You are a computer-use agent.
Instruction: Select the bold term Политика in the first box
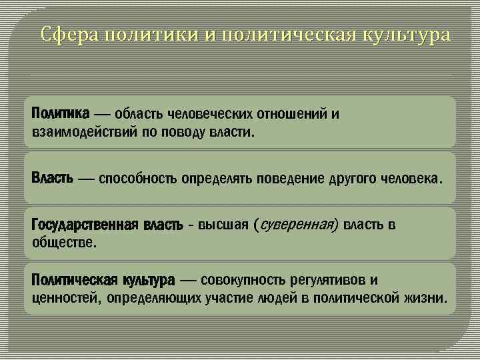(x=60, y=114)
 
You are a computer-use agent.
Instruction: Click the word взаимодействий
(x=84, y=131)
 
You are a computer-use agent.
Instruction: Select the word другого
(x=352, y=179)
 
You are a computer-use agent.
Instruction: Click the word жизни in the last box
(x=426, y=297)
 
